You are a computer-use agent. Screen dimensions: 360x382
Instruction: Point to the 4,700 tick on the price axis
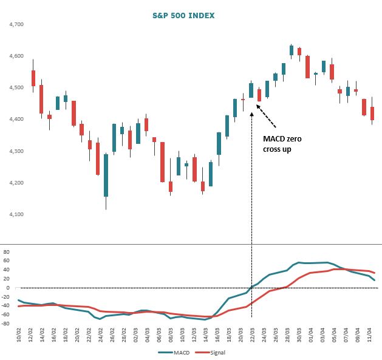pyautogui.click(x=16, y=24)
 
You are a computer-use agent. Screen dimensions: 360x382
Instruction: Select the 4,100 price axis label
pyautogui.click(x=16, y=214)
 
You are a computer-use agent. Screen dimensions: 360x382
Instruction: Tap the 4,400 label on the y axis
pyautogui.click(x=16, y=120)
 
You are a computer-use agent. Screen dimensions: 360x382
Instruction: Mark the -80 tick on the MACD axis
pyautogui.click(x=6, y=324)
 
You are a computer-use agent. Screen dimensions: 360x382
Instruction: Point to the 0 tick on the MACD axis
pyautogui.click(x=9, y=288)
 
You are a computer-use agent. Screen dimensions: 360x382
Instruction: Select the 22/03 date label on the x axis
pyautogui.click(x=252, y=336)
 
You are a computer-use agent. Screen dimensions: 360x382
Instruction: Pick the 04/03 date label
pyautogui.click(x=147, y=336)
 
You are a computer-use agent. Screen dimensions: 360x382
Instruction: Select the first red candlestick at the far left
pyautogui.click(x=33, y=78)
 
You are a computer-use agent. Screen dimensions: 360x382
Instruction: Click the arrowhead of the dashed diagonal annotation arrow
pyautogui.click(x=258, y=106)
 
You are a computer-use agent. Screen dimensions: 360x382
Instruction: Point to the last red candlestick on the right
pyautogui.click(x=372, y=114)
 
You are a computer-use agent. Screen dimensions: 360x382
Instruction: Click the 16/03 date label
pyautogui.click(x=217, y=336)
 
